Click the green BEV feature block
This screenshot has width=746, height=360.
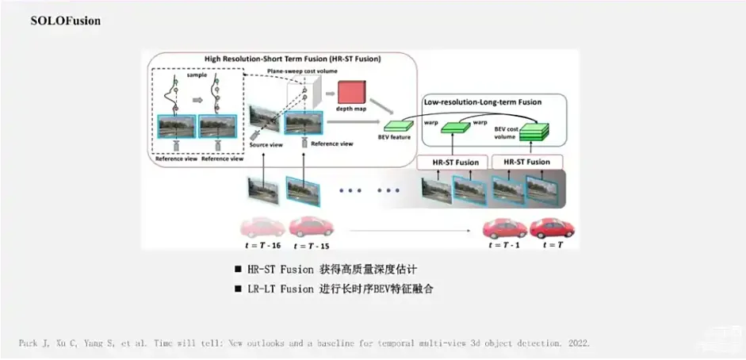(x=394, y=125)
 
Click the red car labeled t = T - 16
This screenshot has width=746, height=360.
(x=263, y=226)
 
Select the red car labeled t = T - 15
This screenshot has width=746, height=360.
(x=311, y=225)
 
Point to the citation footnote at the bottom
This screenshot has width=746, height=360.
(x=304, y=343)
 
